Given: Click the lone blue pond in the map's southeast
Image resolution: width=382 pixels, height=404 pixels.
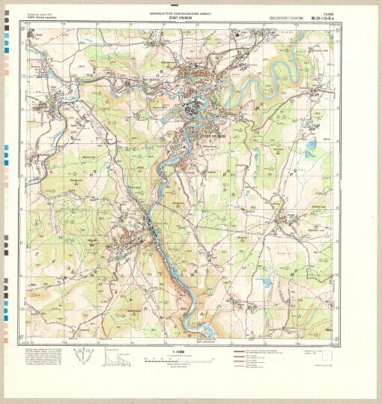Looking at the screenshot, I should (267, 282).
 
